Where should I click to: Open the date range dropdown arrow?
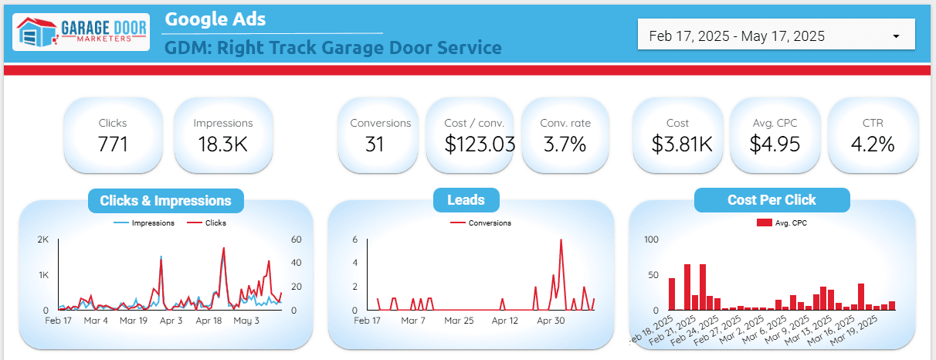(x=896, y=36)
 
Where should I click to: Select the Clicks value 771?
(x=113, y=144)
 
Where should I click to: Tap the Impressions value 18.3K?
(x=222, y=144)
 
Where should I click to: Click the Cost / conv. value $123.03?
(x=474, y=144)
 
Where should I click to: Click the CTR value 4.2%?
(x=873, y=144)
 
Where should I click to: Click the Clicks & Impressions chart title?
(x=165, y=201)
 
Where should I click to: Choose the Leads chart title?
(x=466, y=201)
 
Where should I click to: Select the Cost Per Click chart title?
(x=772, y=200)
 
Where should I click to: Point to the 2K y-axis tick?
(x=43, y=239)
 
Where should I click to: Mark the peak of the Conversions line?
(x=560, y=239)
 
